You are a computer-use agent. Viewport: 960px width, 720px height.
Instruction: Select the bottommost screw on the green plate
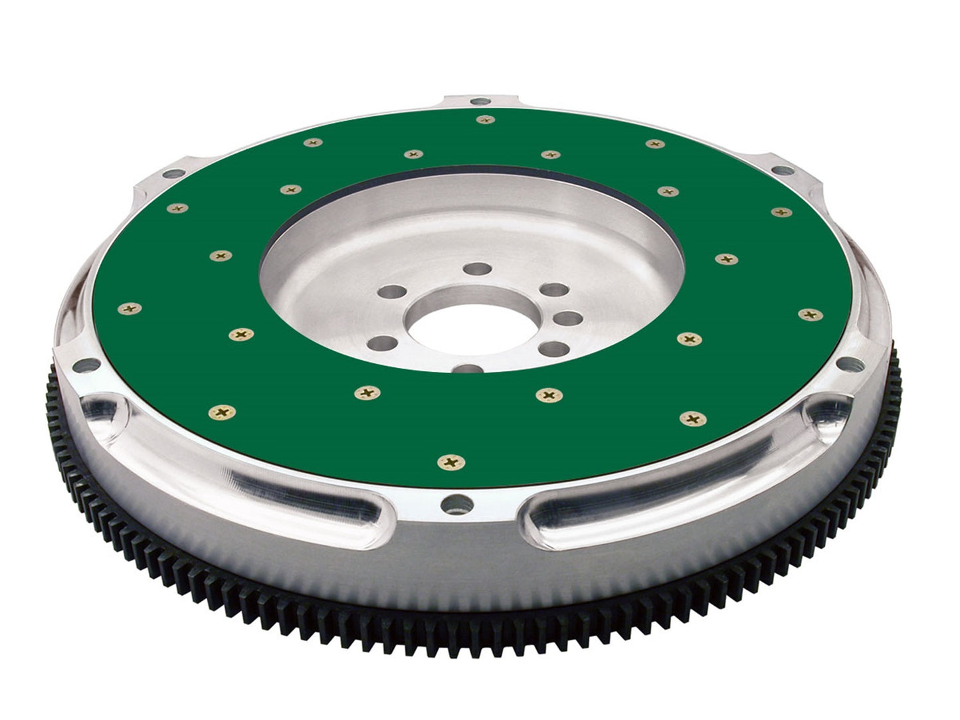[450, 461]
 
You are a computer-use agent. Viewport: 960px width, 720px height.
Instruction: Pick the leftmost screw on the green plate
[129, 308]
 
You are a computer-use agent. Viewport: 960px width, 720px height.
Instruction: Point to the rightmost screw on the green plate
[808, 314]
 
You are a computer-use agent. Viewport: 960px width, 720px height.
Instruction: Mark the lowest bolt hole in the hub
[469, 369]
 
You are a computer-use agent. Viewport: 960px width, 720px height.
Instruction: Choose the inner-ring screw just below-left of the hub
[367, 393]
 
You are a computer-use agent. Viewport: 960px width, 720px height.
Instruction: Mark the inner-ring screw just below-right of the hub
[548, 395]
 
